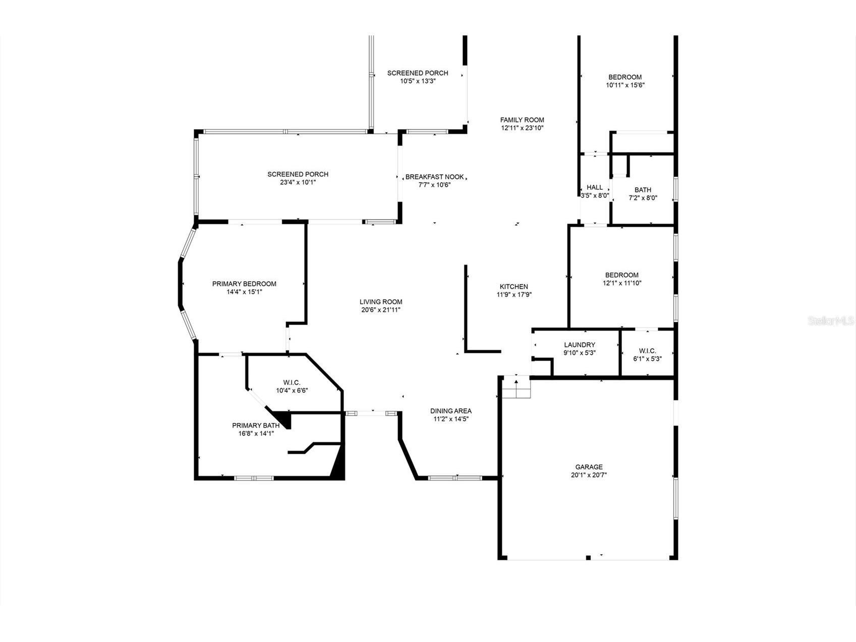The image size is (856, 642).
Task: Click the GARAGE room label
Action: coord(589,467)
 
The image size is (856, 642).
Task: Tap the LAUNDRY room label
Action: coord(580,345)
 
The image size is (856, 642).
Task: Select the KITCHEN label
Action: coord(513,287)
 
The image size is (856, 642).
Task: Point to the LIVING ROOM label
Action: coord(381,302)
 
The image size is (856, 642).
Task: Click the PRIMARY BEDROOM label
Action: coord(244,284)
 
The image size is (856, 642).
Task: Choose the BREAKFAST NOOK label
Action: coord(434,177)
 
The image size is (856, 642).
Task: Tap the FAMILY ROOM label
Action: coord(522,120)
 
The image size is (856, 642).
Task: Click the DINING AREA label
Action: coord(451,411)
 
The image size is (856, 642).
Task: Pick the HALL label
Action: coord(595,187)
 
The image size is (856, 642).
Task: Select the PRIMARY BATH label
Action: coord(255,425)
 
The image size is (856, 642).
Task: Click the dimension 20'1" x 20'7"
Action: coord(589,475)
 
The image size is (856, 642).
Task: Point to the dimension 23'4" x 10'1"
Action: coord(298,182)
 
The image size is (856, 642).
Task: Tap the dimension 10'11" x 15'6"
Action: coord(625,85)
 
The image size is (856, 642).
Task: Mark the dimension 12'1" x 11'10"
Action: coord(622,283)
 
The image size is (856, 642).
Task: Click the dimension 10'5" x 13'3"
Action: coord(418,81)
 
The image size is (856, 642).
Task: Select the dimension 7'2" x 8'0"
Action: coord(643,198)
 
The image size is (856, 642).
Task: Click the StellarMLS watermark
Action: coord(831,320)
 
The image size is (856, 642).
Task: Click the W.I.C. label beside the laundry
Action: coord(647,351)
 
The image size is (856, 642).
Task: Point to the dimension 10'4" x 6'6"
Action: coord(292,390)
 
